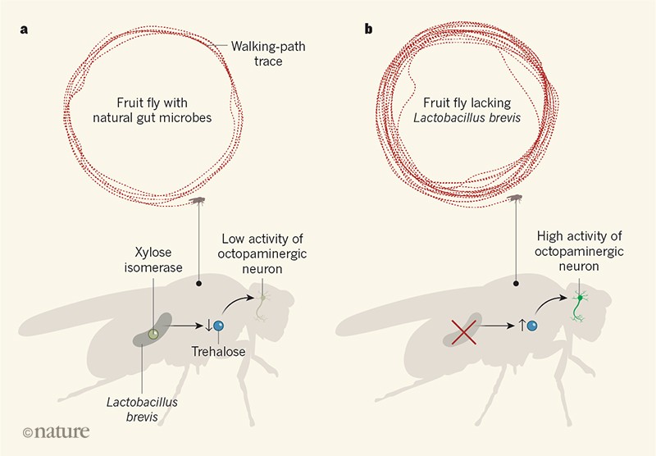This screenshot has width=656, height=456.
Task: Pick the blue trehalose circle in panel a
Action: (x=219, y=326)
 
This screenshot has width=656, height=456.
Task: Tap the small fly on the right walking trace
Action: (x=516, y=199)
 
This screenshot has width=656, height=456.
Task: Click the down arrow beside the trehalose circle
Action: (x=207, y=326)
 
